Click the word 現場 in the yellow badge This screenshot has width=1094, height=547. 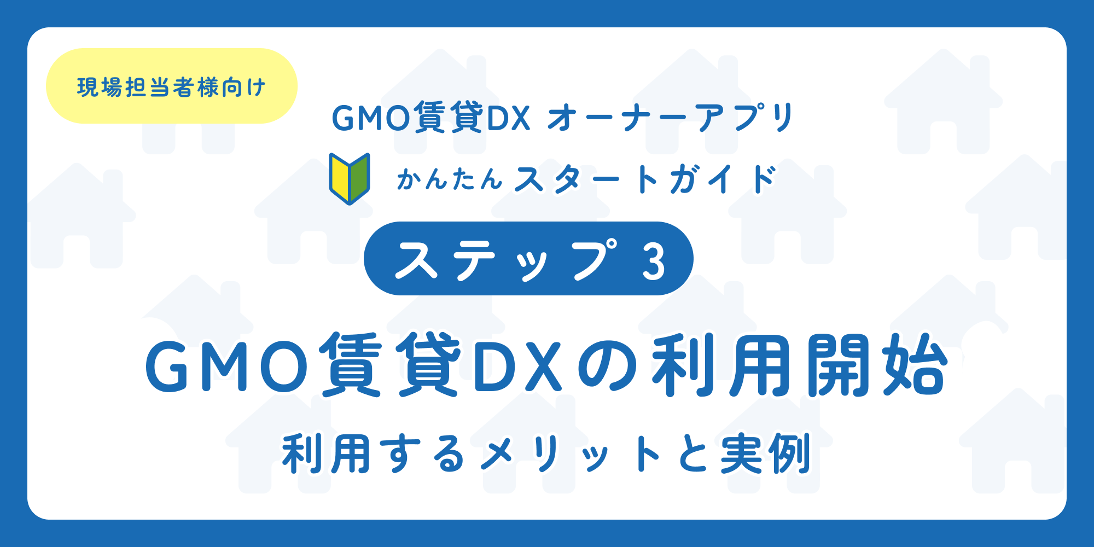point(100,87)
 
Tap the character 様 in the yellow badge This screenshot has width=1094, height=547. point(208,87)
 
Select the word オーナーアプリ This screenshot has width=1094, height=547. point(671,118)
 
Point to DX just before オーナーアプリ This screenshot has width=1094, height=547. point(508,118)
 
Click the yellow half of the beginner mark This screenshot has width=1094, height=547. point(340,178)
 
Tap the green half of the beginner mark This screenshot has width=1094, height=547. point(359,178)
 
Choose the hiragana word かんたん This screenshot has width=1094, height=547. point(449,179)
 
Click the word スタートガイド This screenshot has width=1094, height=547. point(645,179)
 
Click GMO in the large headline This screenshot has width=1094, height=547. point(227,366)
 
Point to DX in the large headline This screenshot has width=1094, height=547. point(517,366)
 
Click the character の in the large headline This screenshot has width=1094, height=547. point(607,366)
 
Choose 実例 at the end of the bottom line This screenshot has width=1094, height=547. point(765,454)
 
